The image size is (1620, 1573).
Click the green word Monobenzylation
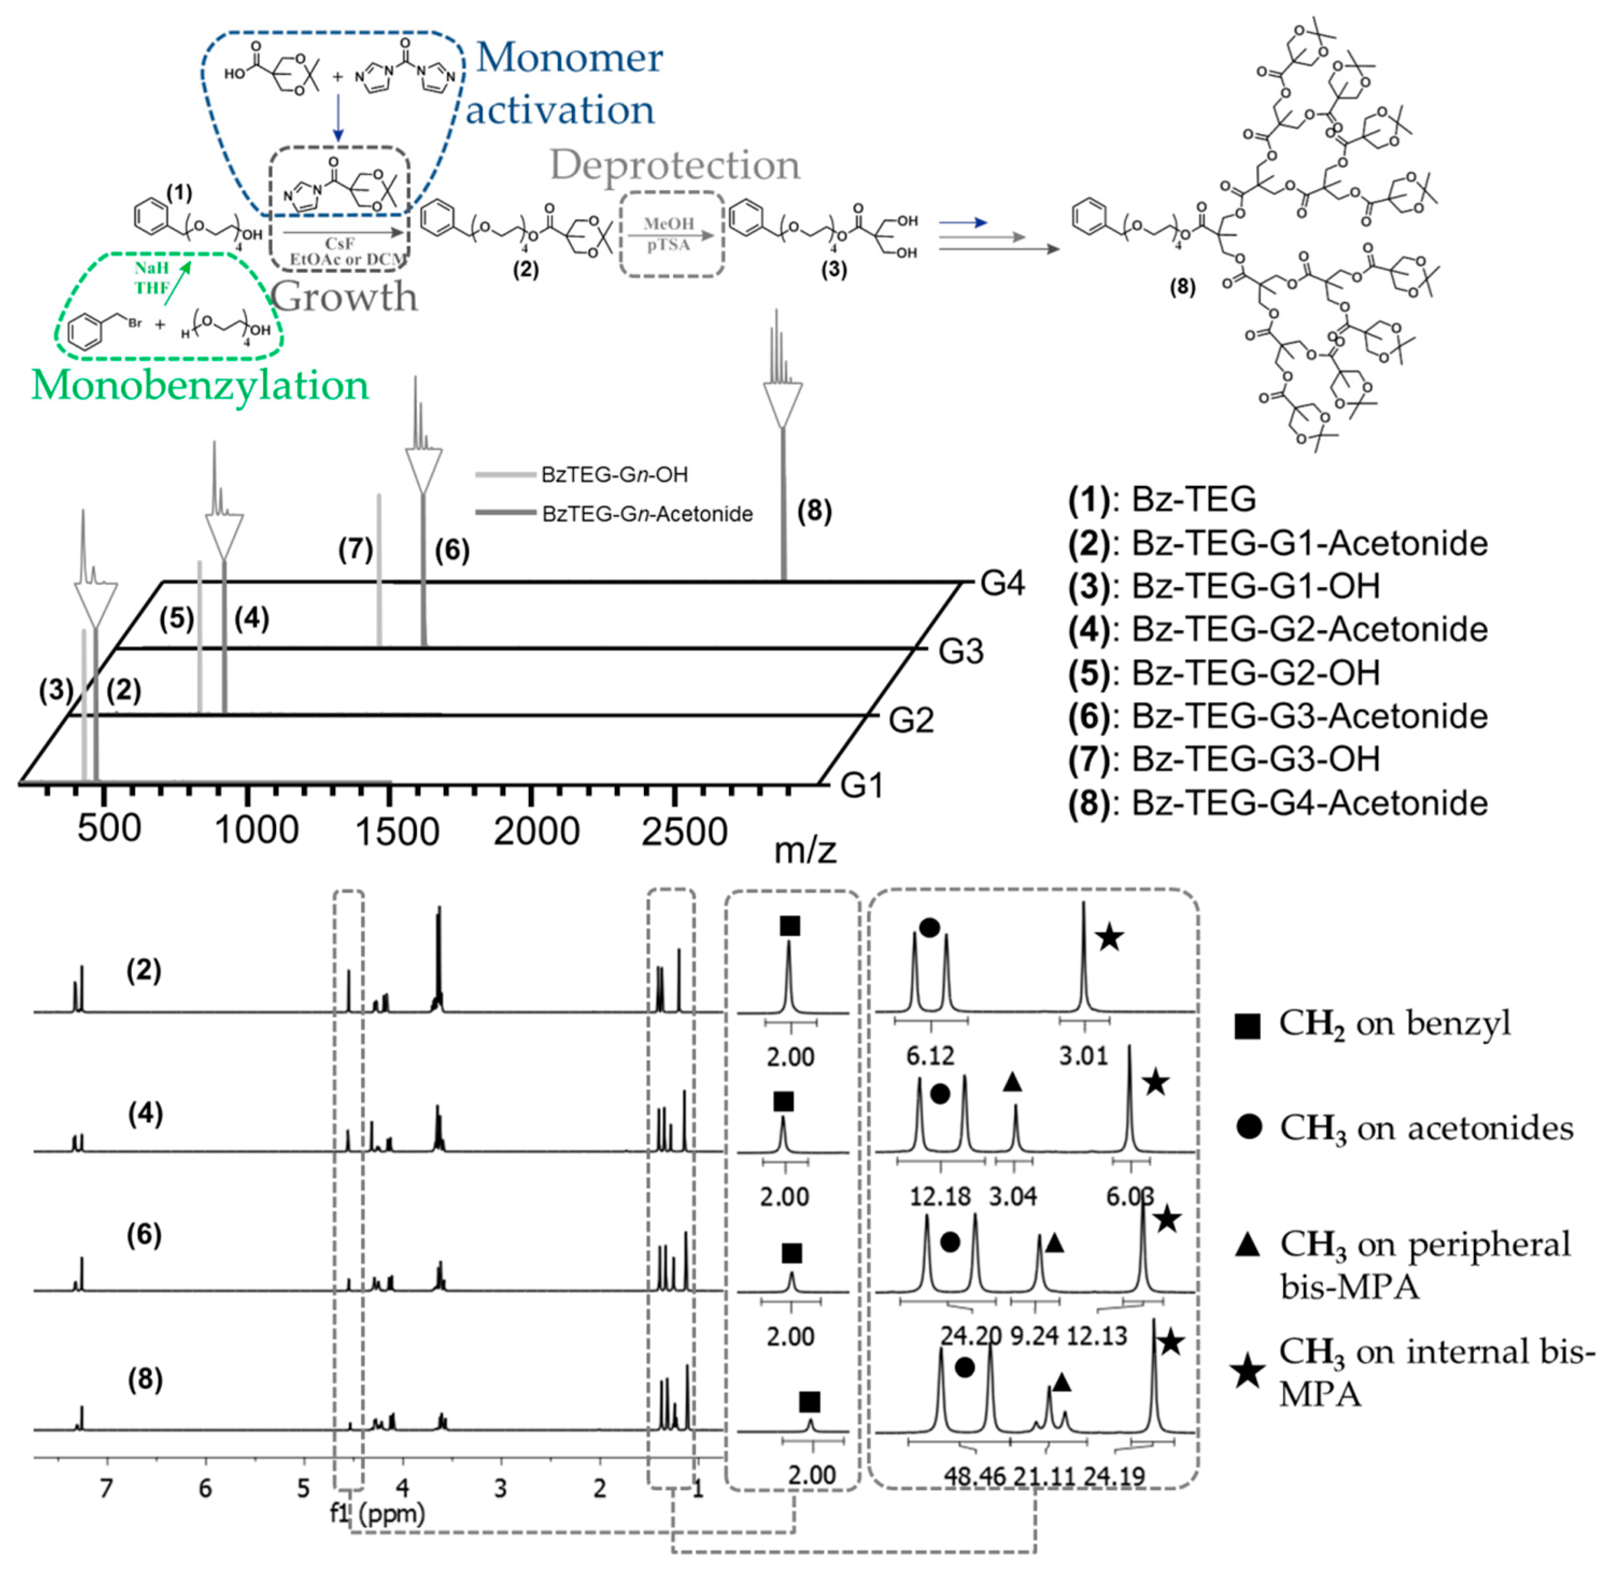tap(200, 385)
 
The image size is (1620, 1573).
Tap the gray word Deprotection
tap(675, 165)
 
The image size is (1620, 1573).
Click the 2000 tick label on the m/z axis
tap(536, 831)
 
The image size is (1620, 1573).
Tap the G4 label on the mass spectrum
tap(1002, 584)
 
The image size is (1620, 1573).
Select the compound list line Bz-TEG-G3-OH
tap(1223, 759)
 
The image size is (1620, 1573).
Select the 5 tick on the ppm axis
tap(303, 1488)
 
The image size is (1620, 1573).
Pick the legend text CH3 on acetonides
tap(1426, 1128)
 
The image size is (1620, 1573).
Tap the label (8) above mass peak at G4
tap(814, 511)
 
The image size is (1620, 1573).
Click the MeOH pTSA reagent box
tap(669, 235)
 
